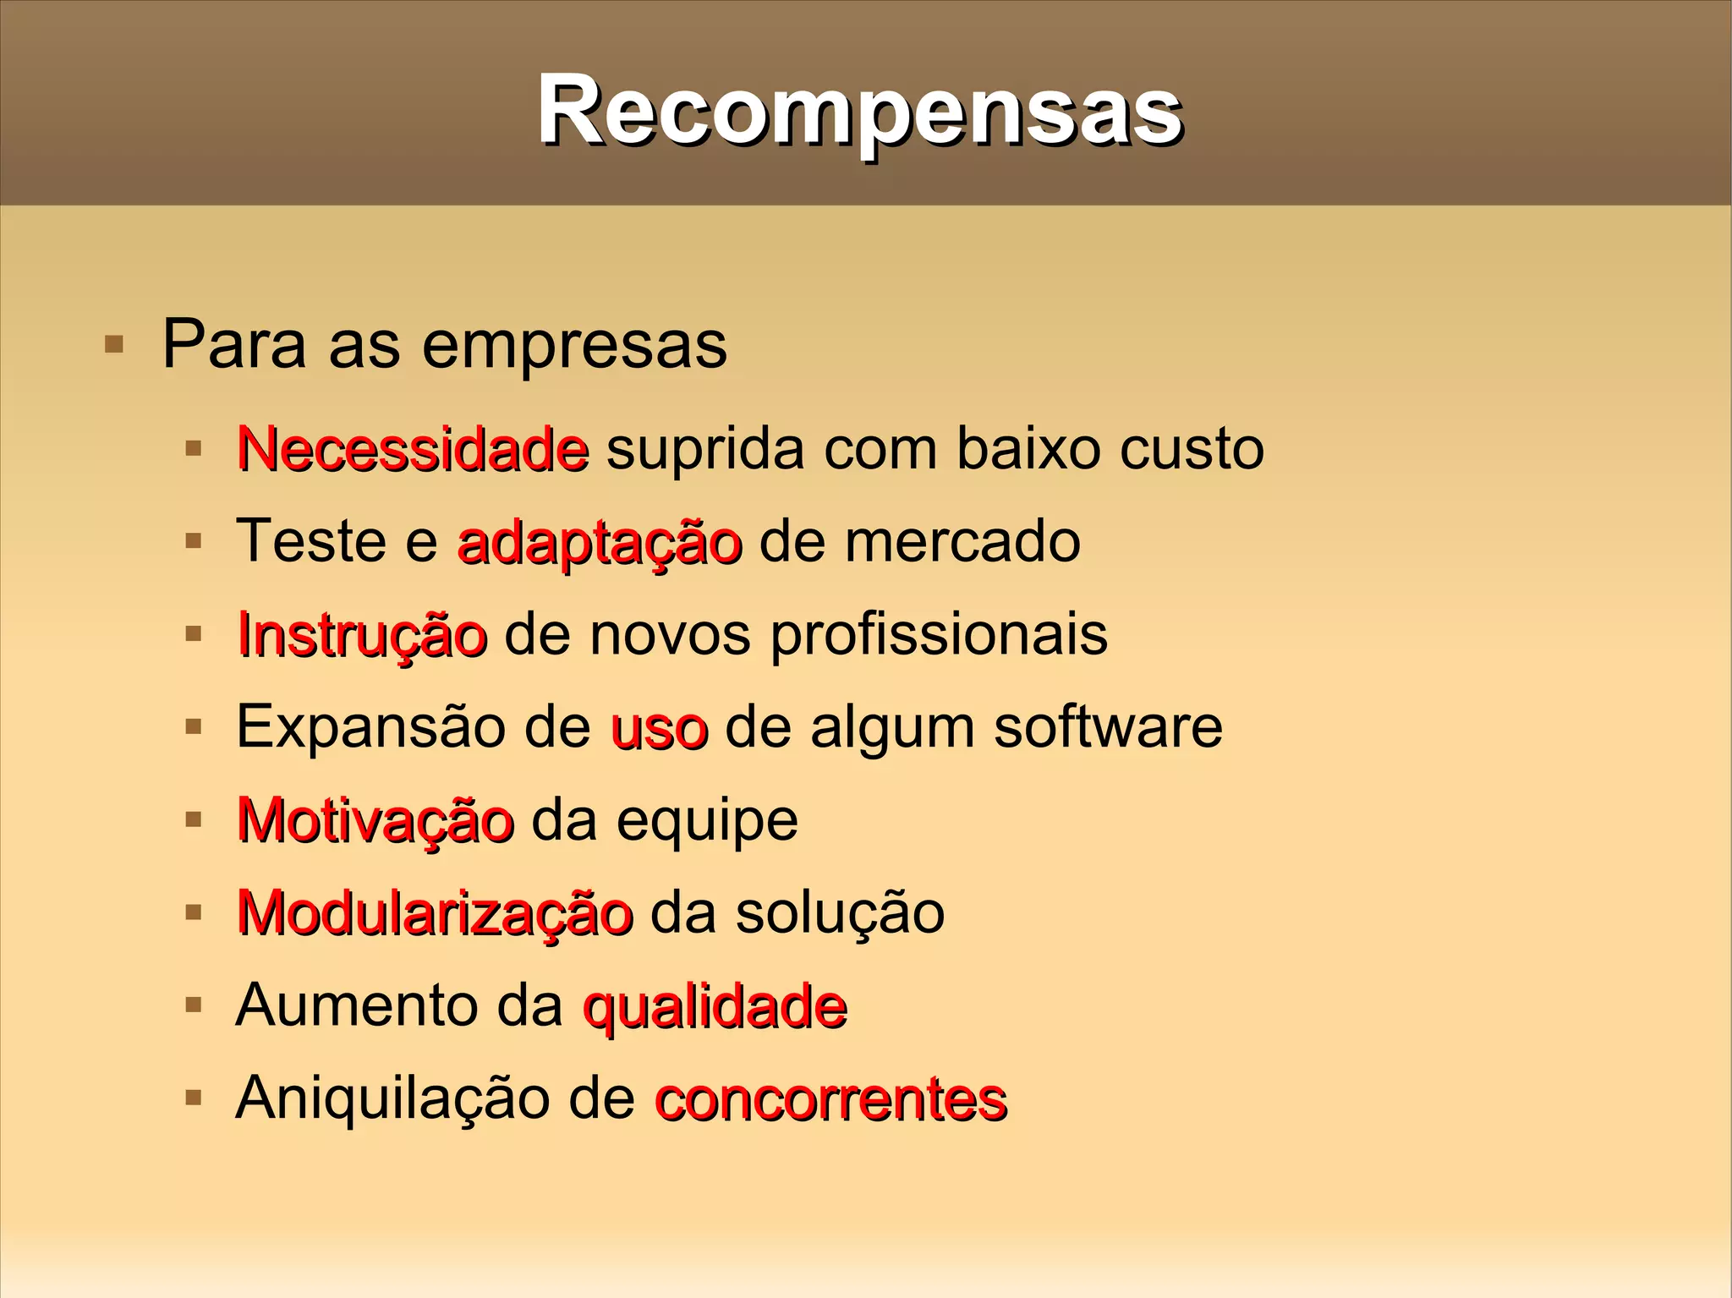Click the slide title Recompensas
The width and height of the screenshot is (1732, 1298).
(859, 110)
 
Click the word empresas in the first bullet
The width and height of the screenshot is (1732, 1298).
(574, 345)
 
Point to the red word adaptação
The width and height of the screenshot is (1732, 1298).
(599, 542)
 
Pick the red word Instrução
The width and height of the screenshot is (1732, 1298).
(362, 635)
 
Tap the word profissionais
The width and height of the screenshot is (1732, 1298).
(939, 635)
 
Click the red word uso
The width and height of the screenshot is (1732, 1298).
(659, 728)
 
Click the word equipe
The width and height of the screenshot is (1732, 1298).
(707, 822)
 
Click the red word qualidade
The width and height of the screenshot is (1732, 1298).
(715, 1007)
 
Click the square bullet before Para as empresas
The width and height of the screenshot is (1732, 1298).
(113, 344)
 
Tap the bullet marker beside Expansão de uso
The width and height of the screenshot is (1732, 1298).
(194, 726)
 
